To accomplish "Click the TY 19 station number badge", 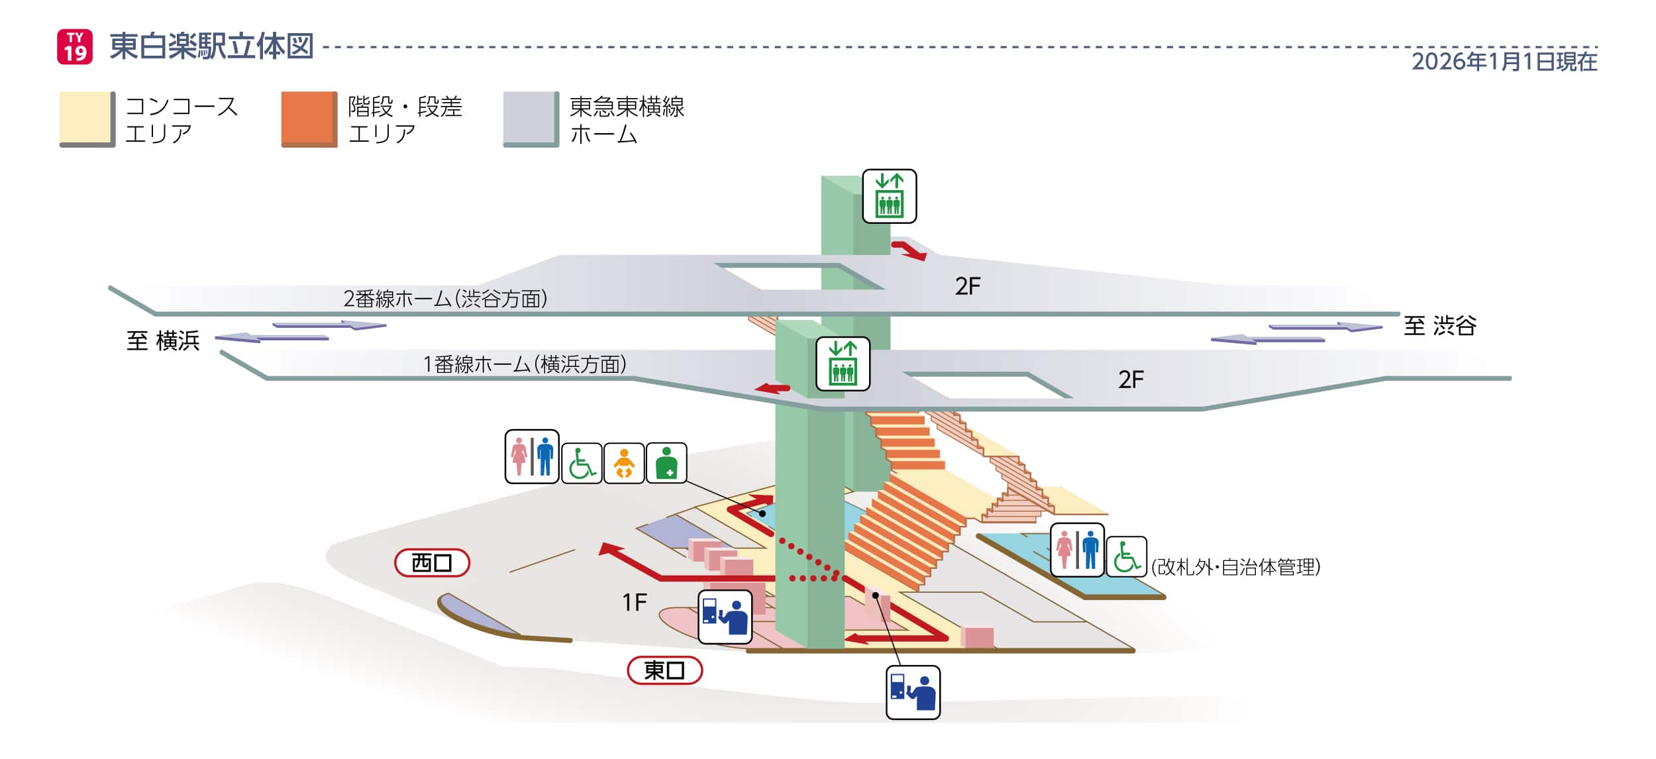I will pyautogui.click(x=75, y=47).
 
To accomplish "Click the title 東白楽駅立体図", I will pyautogui.click(x=211, y=46).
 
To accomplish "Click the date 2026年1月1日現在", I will pyautogui.click(x=1504, y=62).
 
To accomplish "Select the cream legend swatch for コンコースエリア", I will pyautogui.click(x=86, y=119).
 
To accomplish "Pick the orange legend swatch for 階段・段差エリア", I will pyautogui.click(x=309, y=119).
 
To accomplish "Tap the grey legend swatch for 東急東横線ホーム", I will pyautogui.click(x=531, y=119).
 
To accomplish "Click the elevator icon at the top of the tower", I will pyautogui.click(x=889, y=196).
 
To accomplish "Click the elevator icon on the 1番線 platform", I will pyautogui.click(x=843, y=364).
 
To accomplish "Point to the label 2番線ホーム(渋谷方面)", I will pyautogui.click(x=445, y=299).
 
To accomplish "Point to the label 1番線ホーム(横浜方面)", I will pyautogui.click(x=525, y=364).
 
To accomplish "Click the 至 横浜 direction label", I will pyautogui.click(x=163, y=341).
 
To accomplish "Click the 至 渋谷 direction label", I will pyautogui.click(x=1440, y=326).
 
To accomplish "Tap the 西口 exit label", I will pyautogui.click(x=432, y=563).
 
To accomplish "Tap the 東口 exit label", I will pyautogui.click(x=664, y=670).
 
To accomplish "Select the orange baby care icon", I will pyautogui.click(x=624, y=463).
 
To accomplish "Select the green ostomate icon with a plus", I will pyautogui.click(x=666, y=463).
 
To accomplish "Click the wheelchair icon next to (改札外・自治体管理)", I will pyautogui.click(x=1126, y=556).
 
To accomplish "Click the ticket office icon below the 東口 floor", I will pyautogui.click(x=913, y=693).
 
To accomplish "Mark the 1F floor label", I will pyautogui.click(x=634, y=602).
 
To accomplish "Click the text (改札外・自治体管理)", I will pyautogui.click(x=1236, y=567).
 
